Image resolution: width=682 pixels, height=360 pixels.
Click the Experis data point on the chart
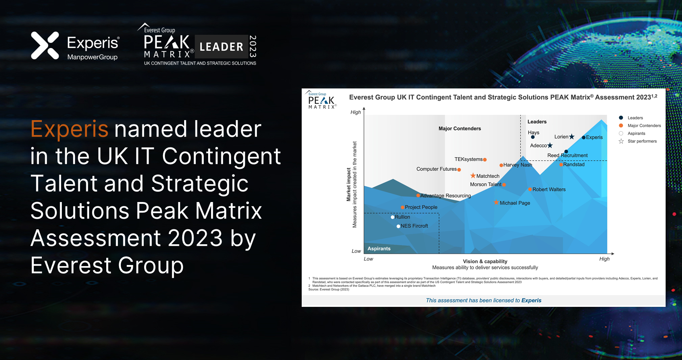click(x=583, y=138)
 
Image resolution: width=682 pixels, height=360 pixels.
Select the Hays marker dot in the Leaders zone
click(x=533, y=137)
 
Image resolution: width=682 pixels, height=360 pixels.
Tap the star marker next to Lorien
click(x=572, y=137)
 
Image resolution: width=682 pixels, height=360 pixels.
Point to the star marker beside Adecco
click(x=550, y=146)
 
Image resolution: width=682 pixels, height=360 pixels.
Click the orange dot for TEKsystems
click(x=485, y=159)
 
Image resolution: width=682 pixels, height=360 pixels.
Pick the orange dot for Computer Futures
click(x=459, y=170)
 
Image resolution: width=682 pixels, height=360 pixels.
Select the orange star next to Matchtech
click(x=473, y=176)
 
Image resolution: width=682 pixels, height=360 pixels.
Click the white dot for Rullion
click(x=393, y=217)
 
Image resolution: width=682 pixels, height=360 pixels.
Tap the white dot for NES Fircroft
click(x=398, y=226)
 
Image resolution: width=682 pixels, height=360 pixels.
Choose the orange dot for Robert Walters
click(x=530, y=189)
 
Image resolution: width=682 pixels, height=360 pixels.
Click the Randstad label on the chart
click(x=574, y=165)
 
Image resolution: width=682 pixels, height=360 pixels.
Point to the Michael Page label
click(x=515, y=203)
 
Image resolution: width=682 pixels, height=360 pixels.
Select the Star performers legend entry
click(x=642, y=141)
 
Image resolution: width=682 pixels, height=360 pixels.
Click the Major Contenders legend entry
click(x=644, y=126)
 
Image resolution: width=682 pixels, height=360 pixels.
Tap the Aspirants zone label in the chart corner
click(x=379, y=249)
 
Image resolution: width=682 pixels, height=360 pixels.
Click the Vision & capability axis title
click(x=485, y=261)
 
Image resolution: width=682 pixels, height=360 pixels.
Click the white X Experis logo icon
click(x=45, y=46)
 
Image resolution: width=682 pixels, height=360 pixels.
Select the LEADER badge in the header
click(x=221, y=47)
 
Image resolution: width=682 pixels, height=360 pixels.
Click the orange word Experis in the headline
click(x=70, y=129)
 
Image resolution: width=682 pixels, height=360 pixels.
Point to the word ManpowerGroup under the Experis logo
click(x=92, y=57)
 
